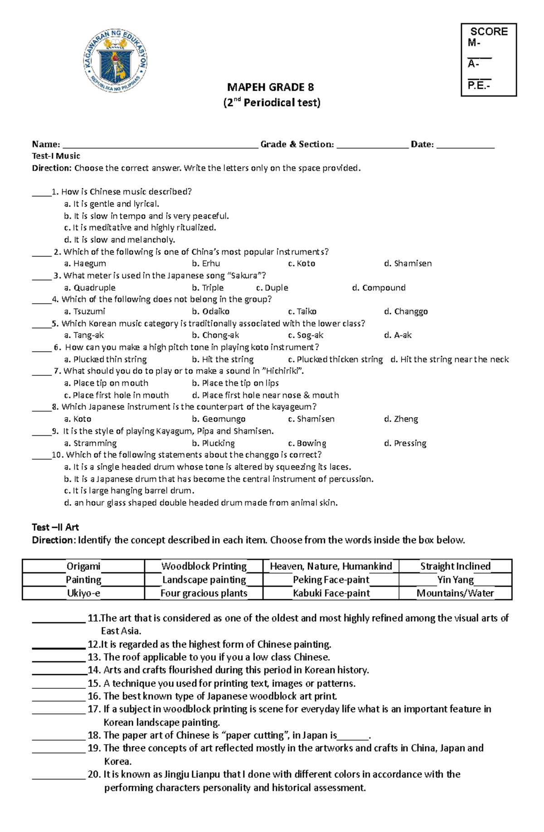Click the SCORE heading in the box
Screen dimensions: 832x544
(x=489, y=32)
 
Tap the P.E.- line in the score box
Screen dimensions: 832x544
(x=479, y=85)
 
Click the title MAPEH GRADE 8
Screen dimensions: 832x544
(x=271, y=87)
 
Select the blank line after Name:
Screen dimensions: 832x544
(x=160, y=145)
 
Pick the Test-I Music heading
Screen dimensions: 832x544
(x=56, y=156)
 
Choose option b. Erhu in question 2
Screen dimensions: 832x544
(x=206, y=263)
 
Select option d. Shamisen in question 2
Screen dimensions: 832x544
(x=408, y=263)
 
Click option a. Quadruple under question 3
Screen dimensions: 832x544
(x=90, y=287)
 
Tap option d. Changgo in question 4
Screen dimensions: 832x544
(x=406, y=311)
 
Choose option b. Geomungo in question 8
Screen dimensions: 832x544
(x=219, y=419)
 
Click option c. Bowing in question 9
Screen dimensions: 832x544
(x=307, y=443)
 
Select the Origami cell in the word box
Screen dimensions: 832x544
(x=83, y=566)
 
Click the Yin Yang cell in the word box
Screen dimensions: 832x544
(x=455, y=580)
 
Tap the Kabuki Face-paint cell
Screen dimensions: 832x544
(x=331, y=593)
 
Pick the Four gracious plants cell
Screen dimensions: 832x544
(x=204, y=593)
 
